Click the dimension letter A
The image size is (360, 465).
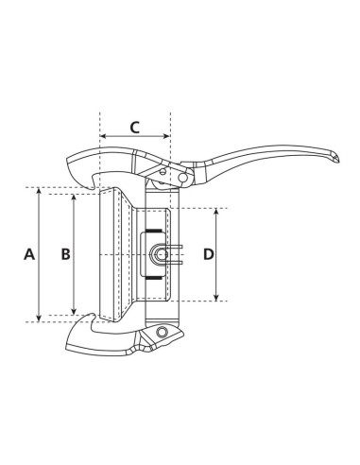pos(28,253)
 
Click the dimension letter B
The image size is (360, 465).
pos(64,253)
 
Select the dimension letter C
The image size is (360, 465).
pos(134,126)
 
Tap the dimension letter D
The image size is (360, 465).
pos(209,253)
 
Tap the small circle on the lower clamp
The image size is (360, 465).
pos(165,333)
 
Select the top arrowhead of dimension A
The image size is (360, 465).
pos(39,191)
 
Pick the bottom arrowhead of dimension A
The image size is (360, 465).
pos(39,318)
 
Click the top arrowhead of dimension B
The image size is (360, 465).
pos(74,199)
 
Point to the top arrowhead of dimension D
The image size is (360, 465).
pos(219,212)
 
